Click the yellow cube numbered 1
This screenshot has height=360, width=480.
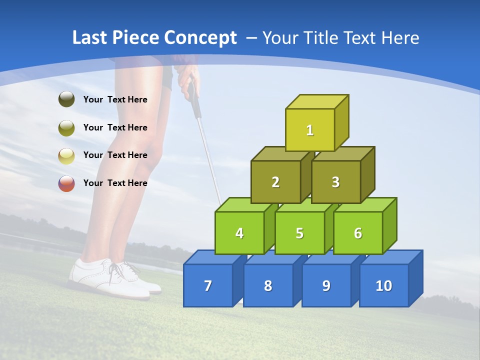coord(310,130)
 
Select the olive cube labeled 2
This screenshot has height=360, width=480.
coord(275,182)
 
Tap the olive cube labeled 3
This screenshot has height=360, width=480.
coord(335,182)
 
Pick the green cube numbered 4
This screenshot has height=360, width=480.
coord(239,233)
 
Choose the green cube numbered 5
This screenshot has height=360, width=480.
coord(299,233)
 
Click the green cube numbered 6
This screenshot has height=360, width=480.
coord(357,233)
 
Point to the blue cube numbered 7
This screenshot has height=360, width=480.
coord(208,285)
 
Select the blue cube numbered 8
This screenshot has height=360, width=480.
coord(268,285)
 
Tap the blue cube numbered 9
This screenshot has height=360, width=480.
coord(326,285)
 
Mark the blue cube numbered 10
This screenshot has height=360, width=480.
coord(383,285)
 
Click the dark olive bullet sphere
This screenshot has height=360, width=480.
coord(66,99)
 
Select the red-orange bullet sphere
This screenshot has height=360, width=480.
coord(66,183)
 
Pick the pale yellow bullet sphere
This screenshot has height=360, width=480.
coord(66,155)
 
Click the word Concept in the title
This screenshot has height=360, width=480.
coord(200,38)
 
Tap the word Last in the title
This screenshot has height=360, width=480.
coord(90,38)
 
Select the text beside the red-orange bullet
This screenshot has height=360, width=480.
coord(115,183)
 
